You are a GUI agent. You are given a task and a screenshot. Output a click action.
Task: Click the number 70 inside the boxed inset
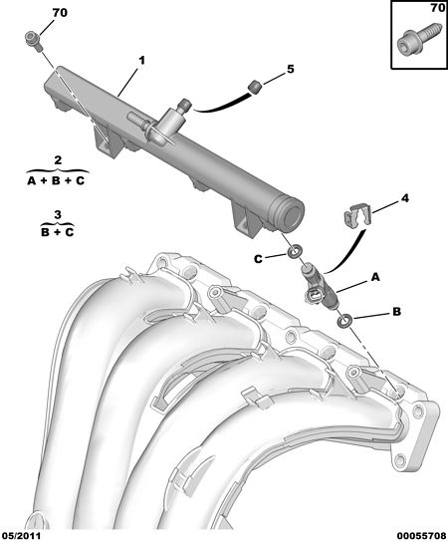click(x=437, y=7)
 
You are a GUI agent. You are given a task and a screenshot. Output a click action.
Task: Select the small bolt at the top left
click(x=34, y=40)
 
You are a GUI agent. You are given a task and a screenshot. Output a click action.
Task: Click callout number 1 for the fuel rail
click(x=141, y=61)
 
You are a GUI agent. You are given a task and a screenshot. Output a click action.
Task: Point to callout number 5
click(x=291, y=69)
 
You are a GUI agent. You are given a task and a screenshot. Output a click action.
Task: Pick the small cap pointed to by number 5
click(x=255, y=87)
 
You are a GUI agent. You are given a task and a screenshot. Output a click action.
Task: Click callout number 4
click(x=405, y=198)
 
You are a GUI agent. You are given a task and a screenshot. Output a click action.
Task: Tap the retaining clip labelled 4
click(x=357, y=215)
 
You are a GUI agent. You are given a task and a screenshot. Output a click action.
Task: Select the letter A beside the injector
click(x=375, y=277)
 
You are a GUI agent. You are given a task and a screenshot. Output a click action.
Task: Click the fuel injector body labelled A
click(x=320, y=286)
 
